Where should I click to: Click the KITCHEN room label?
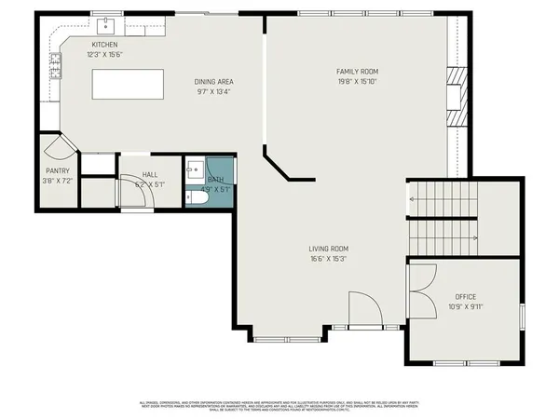click(x=103, y=45)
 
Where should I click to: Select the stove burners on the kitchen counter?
click(x=55, y=65)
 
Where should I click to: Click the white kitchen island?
click(x=127, y=84)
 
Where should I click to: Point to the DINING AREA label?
click(x=212, y=82)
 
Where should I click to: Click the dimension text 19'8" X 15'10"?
click(x=357, y=81)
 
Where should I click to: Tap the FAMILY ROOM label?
click(x=357, y=71)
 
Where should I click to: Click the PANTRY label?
click(x=58, y=170)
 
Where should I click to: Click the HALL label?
click(x=149, y=174)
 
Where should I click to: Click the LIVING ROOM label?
click(x=329, y=249)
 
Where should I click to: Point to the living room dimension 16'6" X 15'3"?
click(x=329, y=259)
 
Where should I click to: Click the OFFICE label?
click(x=465, y=296)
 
